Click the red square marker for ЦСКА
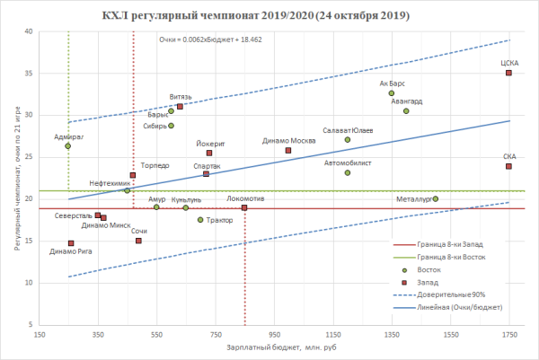coord(508,73)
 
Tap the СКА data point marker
coord(508,166)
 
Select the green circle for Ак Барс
coord(392,93)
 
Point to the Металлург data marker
coord(436,198)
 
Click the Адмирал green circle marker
coord(68,146)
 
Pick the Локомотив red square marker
coord(244,208)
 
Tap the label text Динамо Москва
coord(289,141)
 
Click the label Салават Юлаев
coord(348,131)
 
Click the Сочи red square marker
coord(138,241)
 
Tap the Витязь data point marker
coord(180,107)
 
